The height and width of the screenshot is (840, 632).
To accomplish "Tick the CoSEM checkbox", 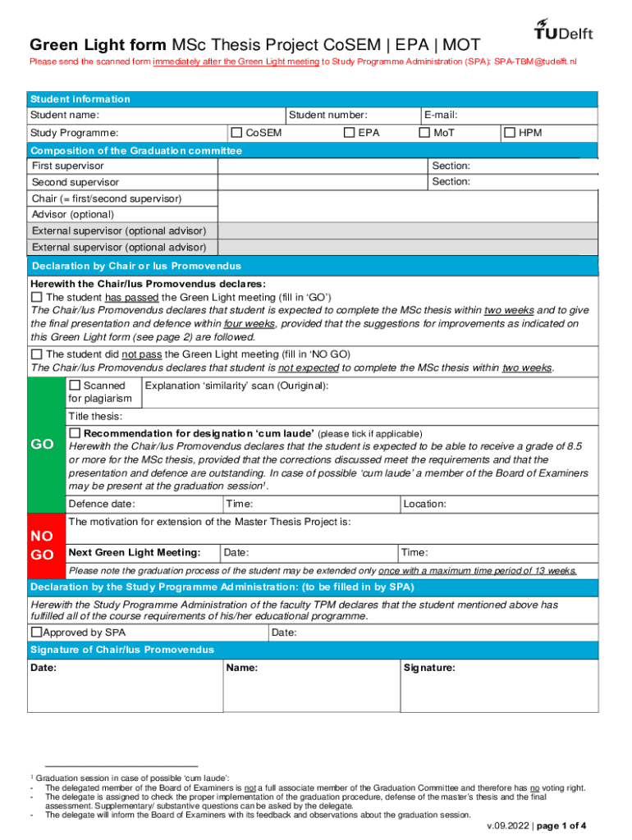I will (x=237, y=132).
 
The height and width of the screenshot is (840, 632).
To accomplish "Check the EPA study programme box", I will (x=350, y=132).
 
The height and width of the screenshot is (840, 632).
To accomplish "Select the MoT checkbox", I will (x=424, y=132).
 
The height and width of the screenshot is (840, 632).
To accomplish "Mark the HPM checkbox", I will (x=510, y=132).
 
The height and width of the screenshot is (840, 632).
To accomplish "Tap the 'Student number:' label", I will (x=327, y=116).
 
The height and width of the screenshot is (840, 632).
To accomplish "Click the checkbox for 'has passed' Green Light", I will (x=36, y=297).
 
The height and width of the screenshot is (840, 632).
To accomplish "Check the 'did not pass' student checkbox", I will (x=36, y=354).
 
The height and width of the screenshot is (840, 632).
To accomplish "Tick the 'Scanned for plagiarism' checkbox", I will (x=75, y=385).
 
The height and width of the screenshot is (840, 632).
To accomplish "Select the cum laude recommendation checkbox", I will (x=75, y=432).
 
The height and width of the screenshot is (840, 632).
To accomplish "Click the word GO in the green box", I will (x=42, y=445).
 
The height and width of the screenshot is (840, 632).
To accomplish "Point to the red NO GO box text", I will (x=42, y=545).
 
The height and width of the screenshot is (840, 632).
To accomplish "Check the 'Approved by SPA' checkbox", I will (x=36, y=632).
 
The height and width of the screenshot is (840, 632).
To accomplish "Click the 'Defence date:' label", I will (x=102, y=504).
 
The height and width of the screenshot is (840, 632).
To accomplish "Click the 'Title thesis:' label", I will (x=95, y=416).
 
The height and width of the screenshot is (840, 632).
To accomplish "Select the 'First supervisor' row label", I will (x=68, y=166).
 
